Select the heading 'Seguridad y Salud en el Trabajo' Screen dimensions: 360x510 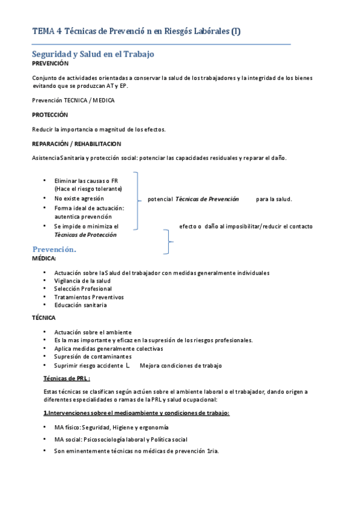(93, 54)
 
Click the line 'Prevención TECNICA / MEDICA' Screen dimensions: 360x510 (73, 100)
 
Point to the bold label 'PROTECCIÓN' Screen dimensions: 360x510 (50, 115)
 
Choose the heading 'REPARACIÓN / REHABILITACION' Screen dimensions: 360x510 (76, 144)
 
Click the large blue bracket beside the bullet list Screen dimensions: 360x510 (138, 200)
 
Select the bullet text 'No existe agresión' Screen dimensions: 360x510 (79, 198)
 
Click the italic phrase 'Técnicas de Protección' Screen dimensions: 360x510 (85, 235)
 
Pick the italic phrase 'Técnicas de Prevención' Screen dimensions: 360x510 (207, 198)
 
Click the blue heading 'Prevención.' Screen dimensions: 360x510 (54, 249)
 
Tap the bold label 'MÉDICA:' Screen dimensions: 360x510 (44, 258)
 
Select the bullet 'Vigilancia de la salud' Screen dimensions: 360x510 (82, 281)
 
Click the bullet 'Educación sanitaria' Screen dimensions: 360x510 (81, 305)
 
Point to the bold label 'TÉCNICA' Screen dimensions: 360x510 (44, 317)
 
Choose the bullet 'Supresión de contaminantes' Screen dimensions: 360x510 (93, 357)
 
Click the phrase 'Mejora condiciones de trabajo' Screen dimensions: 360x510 (181, 366)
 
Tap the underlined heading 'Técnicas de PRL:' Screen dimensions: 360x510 (67, 378)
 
